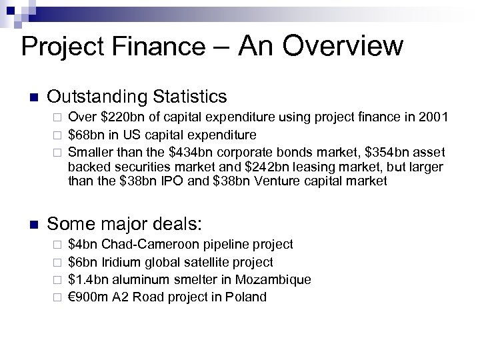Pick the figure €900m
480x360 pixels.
coord(89,297)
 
